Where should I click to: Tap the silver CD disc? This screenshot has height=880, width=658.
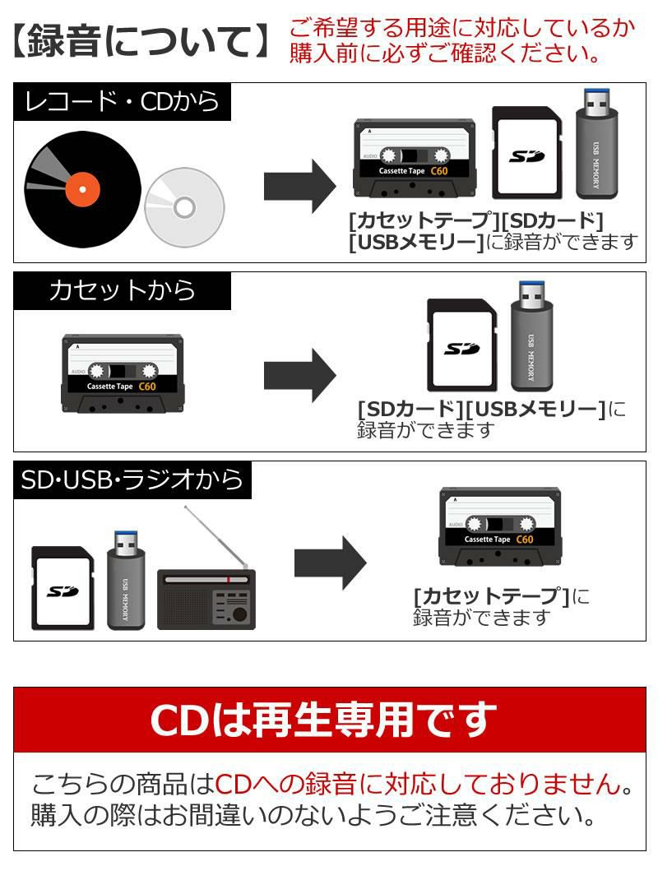click(184, 206)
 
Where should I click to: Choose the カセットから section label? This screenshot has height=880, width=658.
click(123, 290)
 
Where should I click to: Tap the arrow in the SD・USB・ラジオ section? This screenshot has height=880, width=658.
click(330, 563)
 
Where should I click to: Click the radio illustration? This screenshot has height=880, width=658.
click(206, 598)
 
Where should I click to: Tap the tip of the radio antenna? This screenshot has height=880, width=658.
click(186, 507)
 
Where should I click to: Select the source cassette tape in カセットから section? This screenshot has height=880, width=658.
click(122, 374)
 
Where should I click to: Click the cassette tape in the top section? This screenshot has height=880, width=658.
click(415, 159)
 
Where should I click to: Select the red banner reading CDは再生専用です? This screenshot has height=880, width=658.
click(329, 720)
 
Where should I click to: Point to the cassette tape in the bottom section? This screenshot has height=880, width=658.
click(499, 527)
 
